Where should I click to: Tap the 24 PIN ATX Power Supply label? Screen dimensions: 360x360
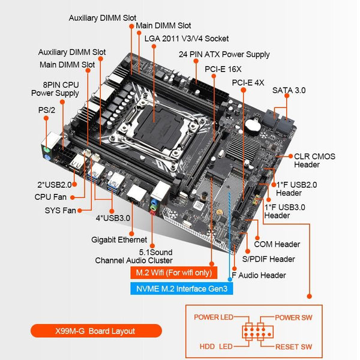pos(224,54)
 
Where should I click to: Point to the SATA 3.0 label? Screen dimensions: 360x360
pos(289,90)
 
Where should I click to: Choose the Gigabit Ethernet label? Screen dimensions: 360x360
pos(118,240)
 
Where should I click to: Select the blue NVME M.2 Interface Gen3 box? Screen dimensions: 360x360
pos(180,288)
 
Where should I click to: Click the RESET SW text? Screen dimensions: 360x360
pos(293,347)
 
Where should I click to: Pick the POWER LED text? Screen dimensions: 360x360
pos(214,317)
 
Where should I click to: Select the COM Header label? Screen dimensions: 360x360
pos(277,244)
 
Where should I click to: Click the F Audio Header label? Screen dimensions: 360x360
pos(259,275)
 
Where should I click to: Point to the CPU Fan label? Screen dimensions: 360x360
pos(51,196)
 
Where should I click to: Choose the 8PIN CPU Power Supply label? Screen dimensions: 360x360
pos(55,88)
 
